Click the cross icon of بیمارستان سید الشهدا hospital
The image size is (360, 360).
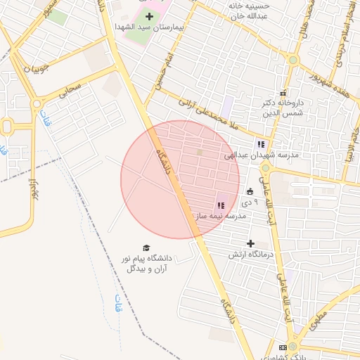pyautogui.click(x=149, y=16)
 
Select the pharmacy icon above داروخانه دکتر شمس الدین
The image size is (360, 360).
pyautogui.click(x=283, y=94)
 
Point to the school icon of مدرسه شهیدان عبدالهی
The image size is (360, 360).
pyautogui.click(x=262, y=144)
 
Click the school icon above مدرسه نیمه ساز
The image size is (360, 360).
pyautogui.click(x=220, y=205)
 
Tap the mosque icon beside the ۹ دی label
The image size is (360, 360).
pyautogui.click(x=250, y=191)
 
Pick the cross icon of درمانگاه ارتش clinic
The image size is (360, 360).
pyautogui.click(x=250, y=243)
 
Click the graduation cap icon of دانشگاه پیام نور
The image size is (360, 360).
pyautogui.click(x=146, y=247)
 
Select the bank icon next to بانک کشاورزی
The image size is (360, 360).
pyautogui.click(x=283, y=347)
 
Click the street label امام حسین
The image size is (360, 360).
pyautogui.click(x=162, y=67)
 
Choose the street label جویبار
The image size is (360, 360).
pyautogui.click(x=38, y=70)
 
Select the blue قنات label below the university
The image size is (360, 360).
pyautogui.click(x=118, y=304)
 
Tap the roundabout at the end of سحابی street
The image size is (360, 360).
pyautogui.click(x=37, y=104)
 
